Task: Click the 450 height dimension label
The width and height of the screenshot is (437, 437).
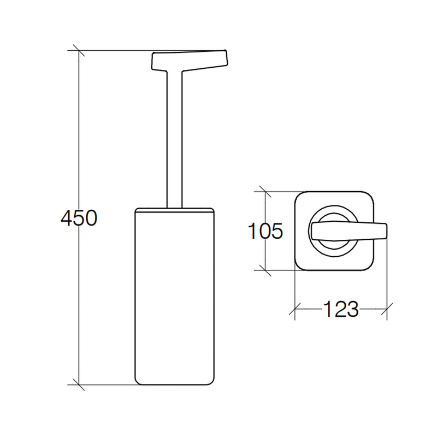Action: pyautogui.click(x=79, y=218)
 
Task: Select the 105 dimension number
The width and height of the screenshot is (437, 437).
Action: pyautogui.click(x=265, y=231)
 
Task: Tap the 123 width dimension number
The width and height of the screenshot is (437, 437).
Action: pyautogui.click(x=340, y=309)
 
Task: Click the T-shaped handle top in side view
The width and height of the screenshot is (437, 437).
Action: pyautogui.click(x=189, y=61)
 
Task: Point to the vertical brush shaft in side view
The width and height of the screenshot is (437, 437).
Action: pyautogui.click(x=174, y=139)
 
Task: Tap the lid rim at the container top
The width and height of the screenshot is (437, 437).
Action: pyautogui.click(x=174, y=210)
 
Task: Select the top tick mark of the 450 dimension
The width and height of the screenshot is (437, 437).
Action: pyautogui.click(x=79, y=50)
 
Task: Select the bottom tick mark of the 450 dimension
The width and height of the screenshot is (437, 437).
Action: pyautogui.click(x=79, y=385)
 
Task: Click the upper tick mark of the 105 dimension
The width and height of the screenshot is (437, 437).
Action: pyautogui.click(x=265, y=192)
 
